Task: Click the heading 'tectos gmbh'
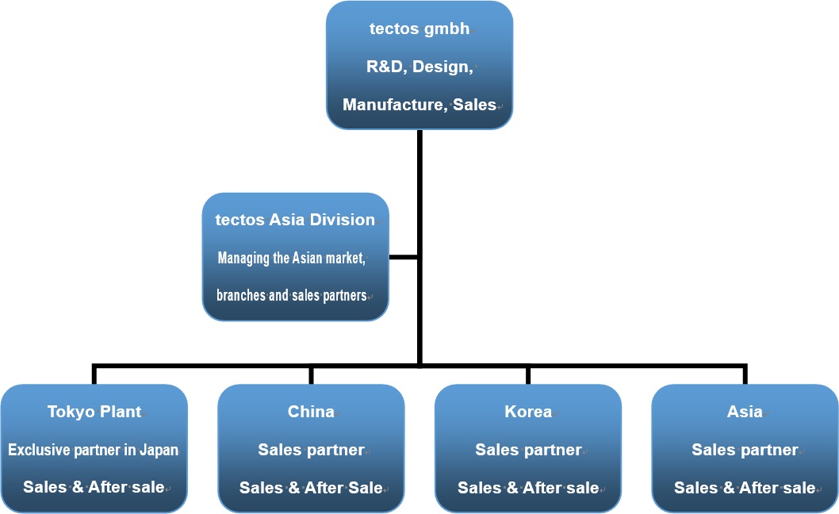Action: click(x=419, y=29)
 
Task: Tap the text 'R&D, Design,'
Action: click(x=419, y=67)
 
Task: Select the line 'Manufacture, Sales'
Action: click(x=419, y=105)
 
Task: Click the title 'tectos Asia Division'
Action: click(x=295, y=220)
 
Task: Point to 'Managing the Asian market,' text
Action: click(x=292, y=258)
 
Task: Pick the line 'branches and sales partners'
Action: click(x=292, y=296)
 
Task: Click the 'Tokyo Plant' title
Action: click(x=94, y=411)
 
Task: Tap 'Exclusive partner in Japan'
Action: click(x=93, y=450)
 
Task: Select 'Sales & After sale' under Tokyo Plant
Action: click(x=94, y=487)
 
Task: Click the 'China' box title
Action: click(x=311, y=411)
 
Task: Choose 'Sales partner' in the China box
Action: click(x=311, y=450)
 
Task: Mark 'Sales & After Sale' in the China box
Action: click(x=311, y=488)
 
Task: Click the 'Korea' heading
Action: click(x=528, y=411)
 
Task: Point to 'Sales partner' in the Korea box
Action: click(x=528, y=450)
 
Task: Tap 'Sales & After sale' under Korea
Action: click(x=528, y=488)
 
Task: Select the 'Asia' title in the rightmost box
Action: click(x=745, y=411)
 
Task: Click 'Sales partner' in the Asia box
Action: click(x=745, y=450)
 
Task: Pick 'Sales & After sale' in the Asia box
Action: click(x=745, y=488)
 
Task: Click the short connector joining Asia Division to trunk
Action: click(x=403, y=258)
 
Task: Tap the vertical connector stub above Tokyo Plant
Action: click(x=94, y=374)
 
